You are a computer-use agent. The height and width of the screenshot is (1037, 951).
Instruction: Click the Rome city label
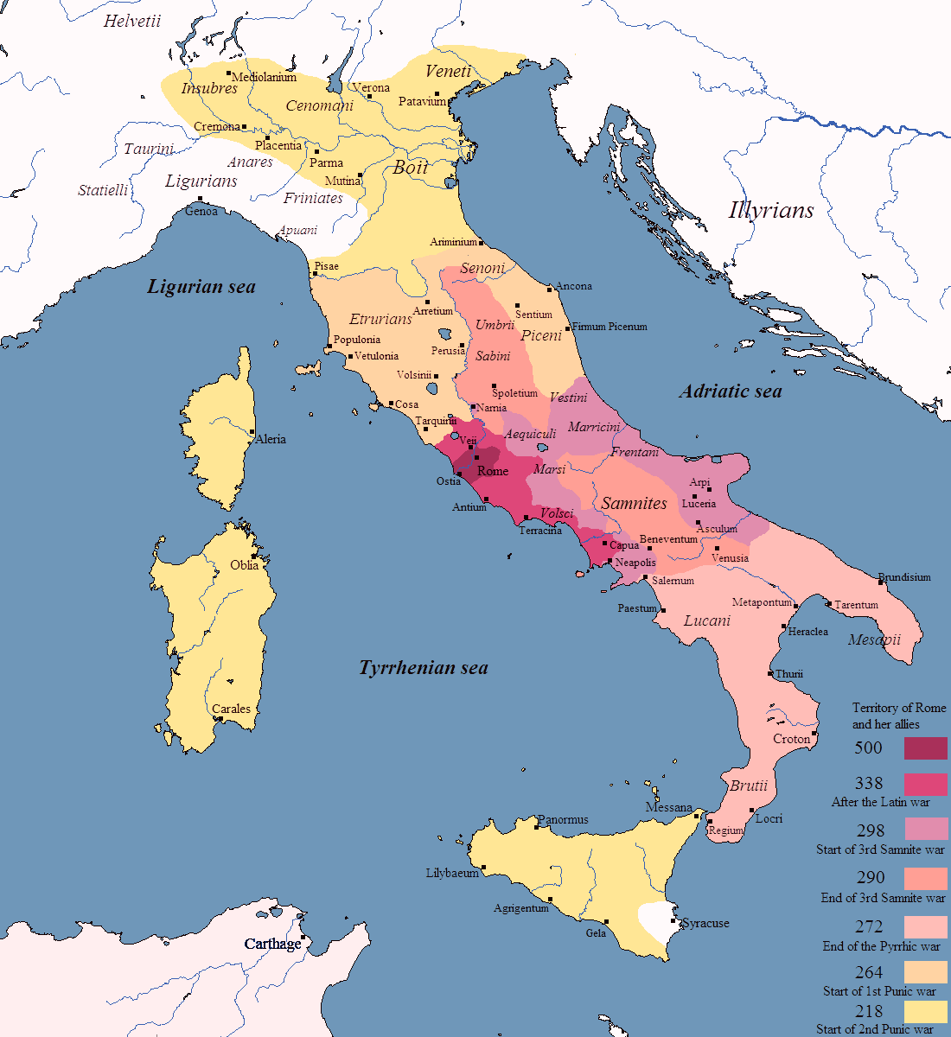tap(493, 471)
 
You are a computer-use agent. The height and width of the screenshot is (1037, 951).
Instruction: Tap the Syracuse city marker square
tap(673, 920)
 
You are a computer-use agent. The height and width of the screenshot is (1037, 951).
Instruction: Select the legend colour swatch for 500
tap(925, 748)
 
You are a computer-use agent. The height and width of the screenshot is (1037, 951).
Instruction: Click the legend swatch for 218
tap(925, 1011)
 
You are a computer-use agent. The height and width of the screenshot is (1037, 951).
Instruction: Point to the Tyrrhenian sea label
tap(423, 668)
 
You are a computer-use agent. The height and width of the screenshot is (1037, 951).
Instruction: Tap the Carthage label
tap(272, 944)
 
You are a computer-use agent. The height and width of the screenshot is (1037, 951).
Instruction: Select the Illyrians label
tap(770, 210)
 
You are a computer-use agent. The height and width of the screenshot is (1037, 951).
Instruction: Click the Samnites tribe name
tap(634, 503)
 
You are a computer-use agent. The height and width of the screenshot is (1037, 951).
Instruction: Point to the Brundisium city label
tap(904, 577)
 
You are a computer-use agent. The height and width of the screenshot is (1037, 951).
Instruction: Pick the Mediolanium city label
tap(265, 77)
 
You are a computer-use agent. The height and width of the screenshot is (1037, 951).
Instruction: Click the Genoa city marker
tap(201, 200)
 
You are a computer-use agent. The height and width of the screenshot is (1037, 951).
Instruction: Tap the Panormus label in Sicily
tap(563, 819)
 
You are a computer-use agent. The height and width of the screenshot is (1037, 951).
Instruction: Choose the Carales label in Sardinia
tap(231, 709)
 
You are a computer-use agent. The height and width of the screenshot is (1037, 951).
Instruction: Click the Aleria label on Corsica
tap(271, 439)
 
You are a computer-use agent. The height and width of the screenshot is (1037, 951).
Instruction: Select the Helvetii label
tap(132, 22)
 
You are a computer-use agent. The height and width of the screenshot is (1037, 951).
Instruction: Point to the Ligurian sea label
tap(201, 287)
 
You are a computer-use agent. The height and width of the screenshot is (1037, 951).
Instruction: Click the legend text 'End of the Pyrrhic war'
tap(881, 945)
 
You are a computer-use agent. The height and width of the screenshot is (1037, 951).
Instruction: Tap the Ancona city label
tap(574, 286)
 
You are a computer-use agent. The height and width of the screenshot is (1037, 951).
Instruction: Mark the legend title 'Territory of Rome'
tap(899, 708)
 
